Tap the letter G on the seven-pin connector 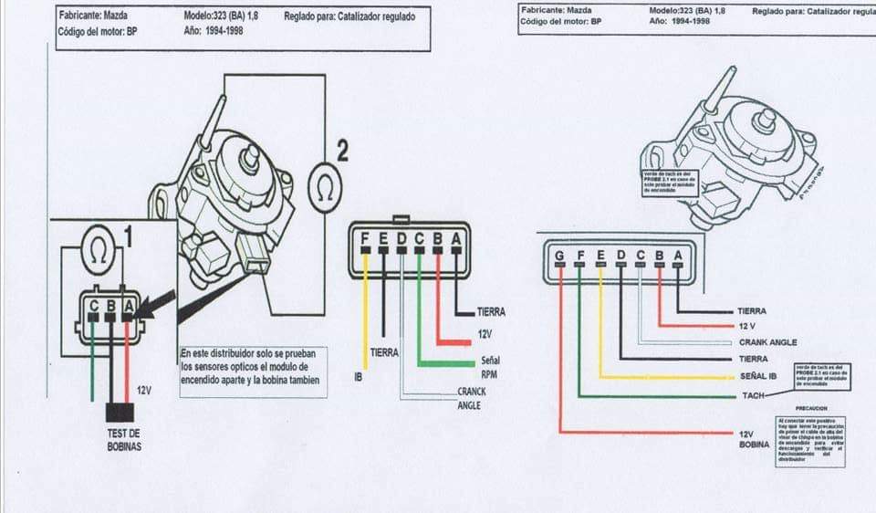[559, 255]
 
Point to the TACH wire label [754, 396]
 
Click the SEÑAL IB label [759, 376]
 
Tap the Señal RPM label [490, 367]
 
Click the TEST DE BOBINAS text [122, 440]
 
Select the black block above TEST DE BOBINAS [120, 413]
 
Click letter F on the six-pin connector [366, 240]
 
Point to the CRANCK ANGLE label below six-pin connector [471, 398]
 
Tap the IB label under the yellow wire [358, 375]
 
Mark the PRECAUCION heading [811, 408]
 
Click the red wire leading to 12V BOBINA [639, 432]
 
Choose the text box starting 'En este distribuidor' [252, 372]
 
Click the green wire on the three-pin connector [92, 365]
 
